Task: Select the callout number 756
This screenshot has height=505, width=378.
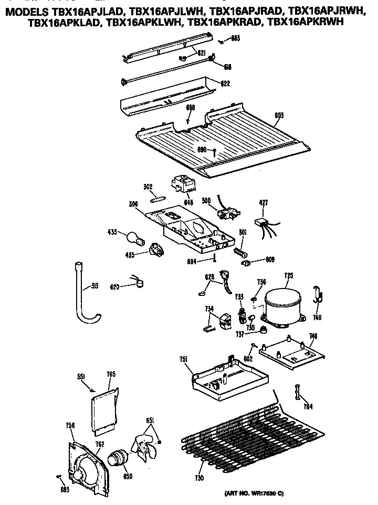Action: click(x=70, y=425)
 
